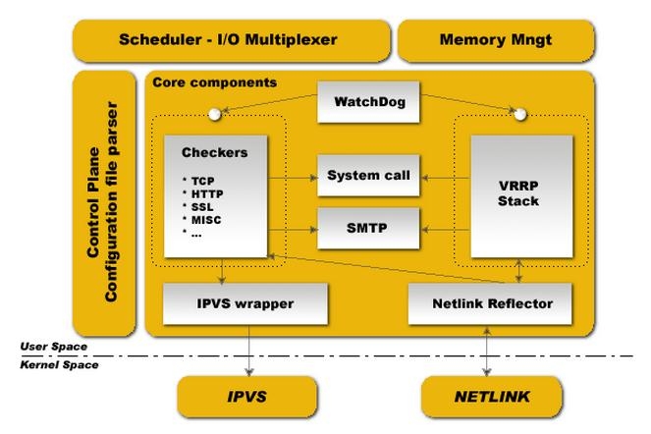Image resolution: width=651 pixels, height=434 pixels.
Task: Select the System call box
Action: point(367,176)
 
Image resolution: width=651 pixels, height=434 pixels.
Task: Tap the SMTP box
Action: point(367,228)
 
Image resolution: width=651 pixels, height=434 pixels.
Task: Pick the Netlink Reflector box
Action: point(492,303)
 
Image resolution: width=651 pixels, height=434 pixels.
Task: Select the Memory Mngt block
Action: point(495,40)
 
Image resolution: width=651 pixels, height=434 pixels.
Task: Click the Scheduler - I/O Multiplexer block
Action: point(228,40)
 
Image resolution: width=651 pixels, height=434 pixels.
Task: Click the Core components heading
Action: point(214,82)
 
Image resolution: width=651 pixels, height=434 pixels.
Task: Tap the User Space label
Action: point(54,347)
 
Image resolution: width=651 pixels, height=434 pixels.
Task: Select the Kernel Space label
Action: point(59,364)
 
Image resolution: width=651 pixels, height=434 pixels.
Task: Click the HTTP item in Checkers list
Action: point(208,194)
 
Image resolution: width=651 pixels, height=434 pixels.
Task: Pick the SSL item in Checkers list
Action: point(204,207)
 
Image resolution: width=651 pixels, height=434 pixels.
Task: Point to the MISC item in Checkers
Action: point(207,220)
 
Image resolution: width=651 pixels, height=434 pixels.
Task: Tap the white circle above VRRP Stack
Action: point(522,115)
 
